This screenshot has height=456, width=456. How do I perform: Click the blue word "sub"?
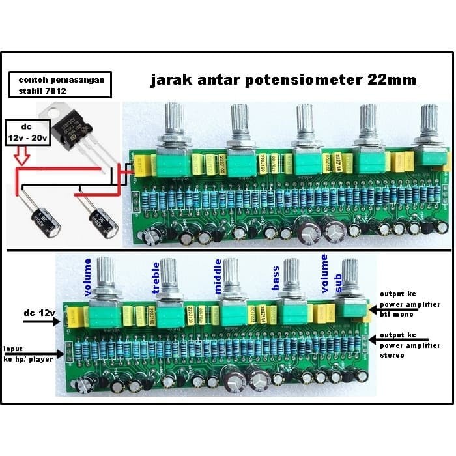(338, 281)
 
